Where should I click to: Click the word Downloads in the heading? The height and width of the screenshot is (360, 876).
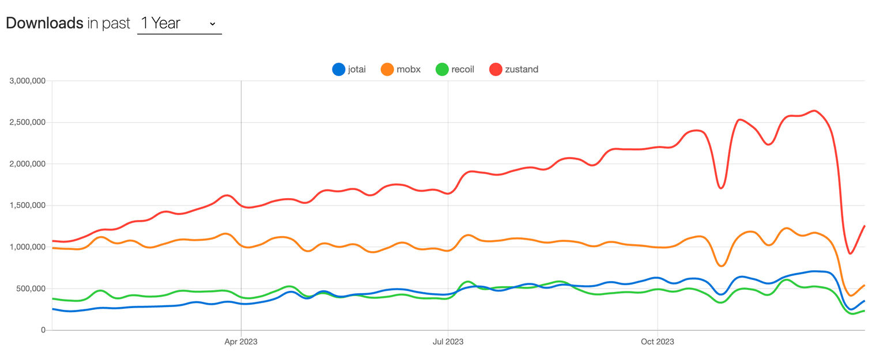click(x=44, y=23)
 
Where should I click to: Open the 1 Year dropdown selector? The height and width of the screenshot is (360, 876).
click(x=179, y=24)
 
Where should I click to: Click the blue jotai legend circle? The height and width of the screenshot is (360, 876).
click(x=338, y=70)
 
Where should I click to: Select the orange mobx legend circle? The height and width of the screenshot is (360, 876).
click(x=387, y=70)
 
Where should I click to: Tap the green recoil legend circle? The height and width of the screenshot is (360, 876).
click(x=442, y=70)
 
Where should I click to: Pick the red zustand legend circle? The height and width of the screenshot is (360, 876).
click(x=495, y=70)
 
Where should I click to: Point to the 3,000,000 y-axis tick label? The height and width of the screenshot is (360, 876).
click(x=27, y=81)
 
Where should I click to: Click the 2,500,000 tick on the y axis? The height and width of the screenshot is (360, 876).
click(x=27, y=123)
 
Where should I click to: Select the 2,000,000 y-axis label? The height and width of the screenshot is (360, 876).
click(x=27, y=164)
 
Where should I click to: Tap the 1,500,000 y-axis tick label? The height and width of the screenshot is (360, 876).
click(x=27, y=206)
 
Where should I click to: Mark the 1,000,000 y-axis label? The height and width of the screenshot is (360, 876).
click(x=27, y=247)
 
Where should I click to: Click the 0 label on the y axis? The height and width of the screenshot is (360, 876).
click(x=43, y=330)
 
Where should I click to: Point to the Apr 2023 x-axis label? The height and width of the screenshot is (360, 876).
click(x=241, y=342)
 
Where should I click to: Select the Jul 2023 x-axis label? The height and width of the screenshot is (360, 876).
click(x=448, y=342)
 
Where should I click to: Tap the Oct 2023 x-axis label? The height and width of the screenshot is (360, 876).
click(x=658, y=342)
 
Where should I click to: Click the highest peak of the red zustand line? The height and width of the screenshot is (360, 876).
click(x=814, y=111)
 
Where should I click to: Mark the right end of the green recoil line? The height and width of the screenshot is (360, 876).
click(x=864, y=311)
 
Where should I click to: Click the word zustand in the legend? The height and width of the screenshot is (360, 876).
click(x=522, y=70)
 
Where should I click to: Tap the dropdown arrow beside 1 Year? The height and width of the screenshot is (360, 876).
click(x=212, y=24)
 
